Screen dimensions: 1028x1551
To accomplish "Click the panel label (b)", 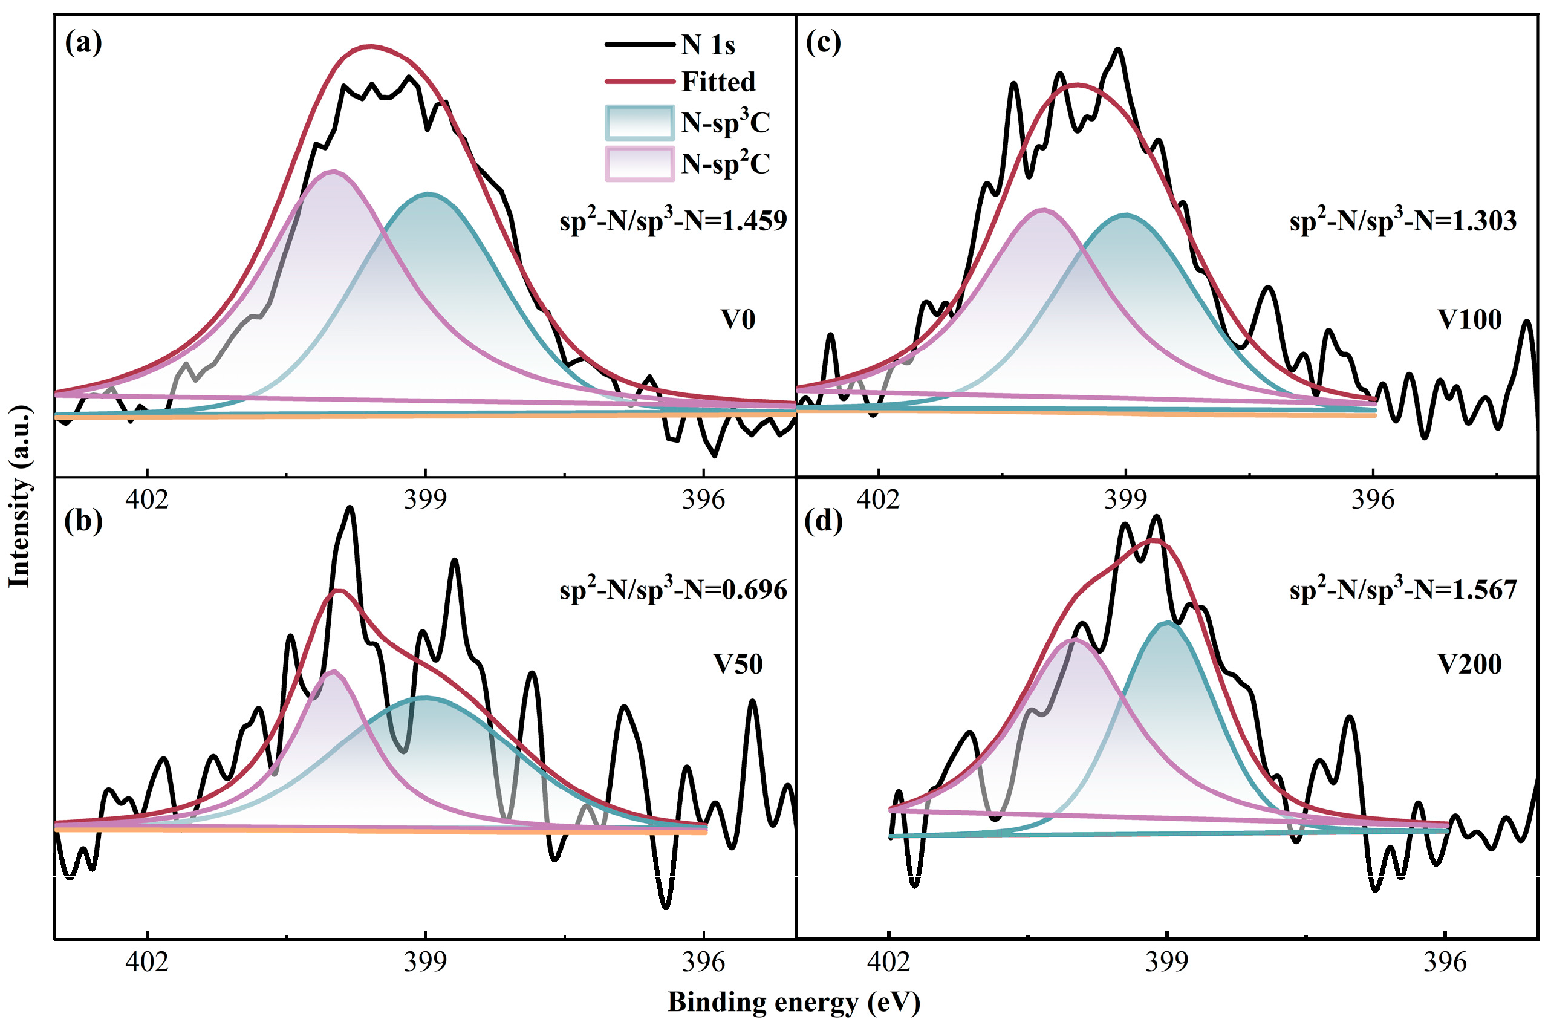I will pyautogui.click(x=83, y=521).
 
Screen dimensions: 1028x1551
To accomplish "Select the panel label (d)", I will pyautogui.click(x=824, y=521).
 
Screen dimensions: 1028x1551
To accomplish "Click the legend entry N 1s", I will pyautogui.click(x=708, y=45).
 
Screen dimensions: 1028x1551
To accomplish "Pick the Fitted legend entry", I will pyautogui.click(x=718, y=81).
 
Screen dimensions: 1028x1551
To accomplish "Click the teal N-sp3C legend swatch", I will pyautogui.click(x=639, y=123).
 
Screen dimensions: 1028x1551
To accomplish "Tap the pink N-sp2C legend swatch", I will pyautogui.click(x=639, y=164).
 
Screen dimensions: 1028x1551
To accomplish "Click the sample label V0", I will pyautogui.click(x=738, y=319).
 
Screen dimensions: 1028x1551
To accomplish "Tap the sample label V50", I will pyautogui.click(x=738, y=664).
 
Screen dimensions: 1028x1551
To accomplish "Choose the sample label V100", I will pyautogui.click(x=1469, y=319).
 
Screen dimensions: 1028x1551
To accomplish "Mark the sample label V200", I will pyautogui.click(x=1469, y=664).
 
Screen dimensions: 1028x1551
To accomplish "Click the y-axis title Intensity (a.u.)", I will pyautogui.click(x=20, y=496).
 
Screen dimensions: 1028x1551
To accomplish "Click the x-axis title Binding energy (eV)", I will pyautogui.click(x=794, y=1003).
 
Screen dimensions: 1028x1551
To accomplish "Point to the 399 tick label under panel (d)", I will pyautogui.click(x=1166, y=961).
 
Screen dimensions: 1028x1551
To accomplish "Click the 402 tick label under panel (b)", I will pyautogui.click(x=147, y=961).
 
